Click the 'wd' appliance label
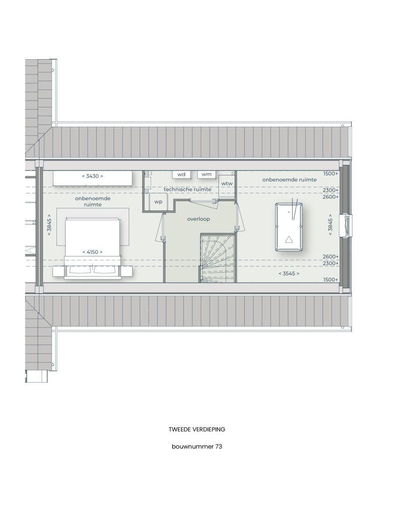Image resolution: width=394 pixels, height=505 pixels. [181, 174]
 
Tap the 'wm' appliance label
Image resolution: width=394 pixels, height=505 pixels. [207, 174]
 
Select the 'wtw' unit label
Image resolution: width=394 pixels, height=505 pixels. [227, 184]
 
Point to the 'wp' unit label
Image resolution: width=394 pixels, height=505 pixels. [158, 202]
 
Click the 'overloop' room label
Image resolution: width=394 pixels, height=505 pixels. [198, 219]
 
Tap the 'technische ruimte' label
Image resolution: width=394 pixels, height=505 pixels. [187, 189]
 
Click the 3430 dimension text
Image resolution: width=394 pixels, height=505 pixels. [92, 176]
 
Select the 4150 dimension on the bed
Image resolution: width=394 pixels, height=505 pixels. [92, 252]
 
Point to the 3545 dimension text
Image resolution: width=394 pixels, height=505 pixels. [289, 274]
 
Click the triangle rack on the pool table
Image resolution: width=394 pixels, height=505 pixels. [289, 239]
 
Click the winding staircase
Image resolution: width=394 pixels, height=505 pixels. [218, 258]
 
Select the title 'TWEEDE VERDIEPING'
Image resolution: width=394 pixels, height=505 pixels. [197, 429]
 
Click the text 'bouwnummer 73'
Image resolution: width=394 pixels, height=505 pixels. [197, 446]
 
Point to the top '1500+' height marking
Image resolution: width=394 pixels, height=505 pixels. [331, 174]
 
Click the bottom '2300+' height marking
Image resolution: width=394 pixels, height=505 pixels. [331, 263]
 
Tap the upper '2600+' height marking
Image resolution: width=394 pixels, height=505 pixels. [331, 197]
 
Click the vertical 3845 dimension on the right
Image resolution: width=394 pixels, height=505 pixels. [330, 225]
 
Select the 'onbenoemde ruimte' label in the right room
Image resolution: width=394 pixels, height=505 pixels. [289, 180]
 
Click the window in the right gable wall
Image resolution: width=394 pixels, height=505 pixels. [347, 225]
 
